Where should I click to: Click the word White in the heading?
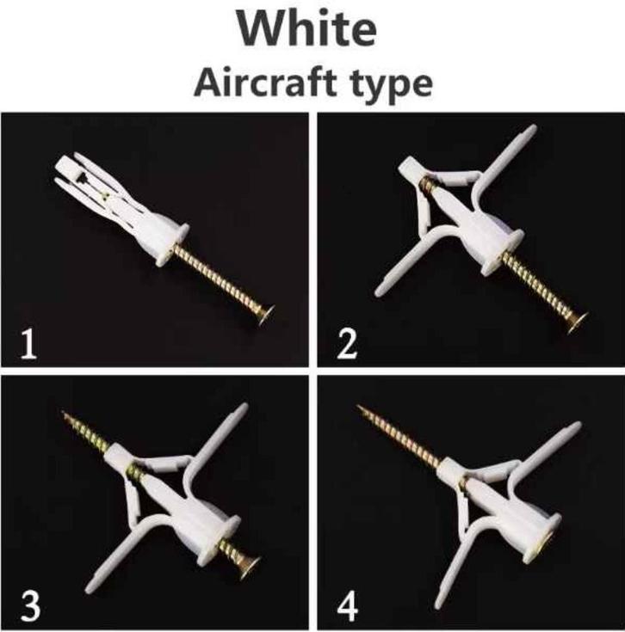click(x=306, y=28)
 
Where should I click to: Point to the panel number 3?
click(x=30, y=606)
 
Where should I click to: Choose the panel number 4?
click(x=348, y=606)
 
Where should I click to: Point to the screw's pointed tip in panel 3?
click(x=64, y=413)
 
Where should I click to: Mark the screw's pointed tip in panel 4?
click(x=359, y=407)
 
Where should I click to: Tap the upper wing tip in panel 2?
click(x=533, y=129)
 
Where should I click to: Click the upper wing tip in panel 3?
click(x=243, y=408)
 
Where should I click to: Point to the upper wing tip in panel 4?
click(x=576, y=426)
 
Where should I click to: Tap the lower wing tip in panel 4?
click(x=439, y=604)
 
